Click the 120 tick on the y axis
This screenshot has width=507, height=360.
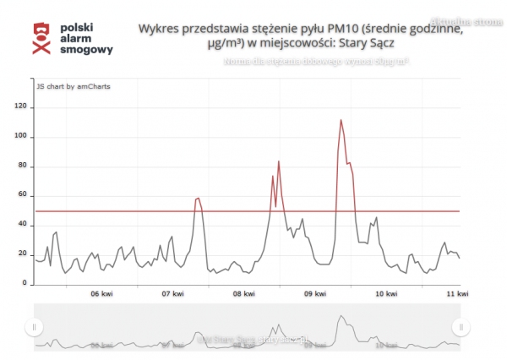[x=21, y=107]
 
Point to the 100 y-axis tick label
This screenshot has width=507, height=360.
[x=21, y=137]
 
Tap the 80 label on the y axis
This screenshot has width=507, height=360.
[x=23, y=166]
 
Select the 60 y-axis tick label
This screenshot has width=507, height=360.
[x=23, y=196]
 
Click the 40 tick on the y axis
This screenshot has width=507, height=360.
[x=23, y=226]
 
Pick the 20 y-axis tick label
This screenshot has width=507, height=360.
[x=23, y=254]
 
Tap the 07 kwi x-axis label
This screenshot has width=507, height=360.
[x=173, y=294]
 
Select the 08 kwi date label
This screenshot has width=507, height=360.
[x=244, y=294]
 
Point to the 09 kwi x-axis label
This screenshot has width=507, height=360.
[x=315, y=294]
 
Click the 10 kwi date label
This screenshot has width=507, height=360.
[x=386, y=294]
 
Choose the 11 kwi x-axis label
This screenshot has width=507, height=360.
[x=457, y=294]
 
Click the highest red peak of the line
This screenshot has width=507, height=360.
[x=341, y=120]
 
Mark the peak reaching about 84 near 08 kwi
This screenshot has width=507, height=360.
[x=278, y=161]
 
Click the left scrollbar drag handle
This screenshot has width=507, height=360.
[x=34, y=326]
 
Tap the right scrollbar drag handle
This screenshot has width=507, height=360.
[x=461, y=326]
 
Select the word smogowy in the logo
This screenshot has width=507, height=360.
[x=88, y=50]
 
